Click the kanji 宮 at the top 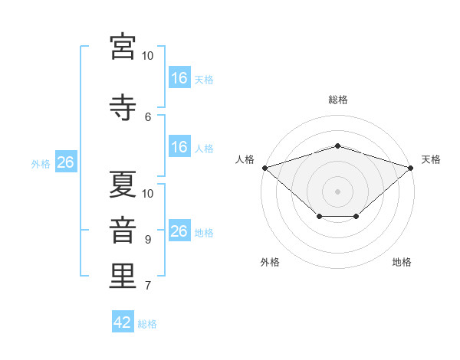coord(123,47)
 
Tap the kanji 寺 coord(123,106)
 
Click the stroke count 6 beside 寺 coord(148,116)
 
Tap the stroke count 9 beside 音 coord(148,239)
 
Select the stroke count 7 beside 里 coord(148,286)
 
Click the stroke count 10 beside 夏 coord(148,193)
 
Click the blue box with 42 coord(123,322)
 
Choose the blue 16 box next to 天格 coord(179,78)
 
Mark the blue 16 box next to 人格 coord(179,147)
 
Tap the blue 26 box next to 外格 coord(65,162)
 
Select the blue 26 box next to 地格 coord(179,231)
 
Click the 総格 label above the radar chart coord(337,100)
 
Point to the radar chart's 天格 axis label coord(432,159)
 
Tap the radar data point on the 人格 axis coord(264,168)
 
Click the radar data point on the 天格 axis coord(411,168)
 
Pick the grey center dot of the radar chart coord(337,191)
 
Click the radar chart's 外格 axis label coord(270,262)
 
